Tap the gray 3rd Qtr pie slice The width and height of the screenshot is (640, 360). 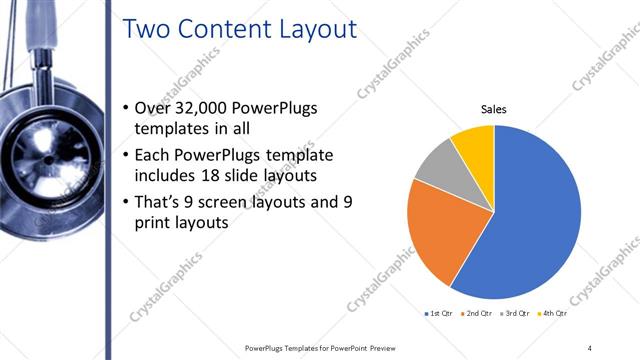(x=437, y=168)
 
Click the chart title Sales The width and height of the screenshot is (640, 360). (x=494, y=108)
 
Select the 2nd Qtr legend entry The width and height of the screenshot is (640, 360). (x=478, y=313)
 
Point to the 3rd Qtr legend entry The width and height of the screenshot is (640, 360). (x=516, y=313)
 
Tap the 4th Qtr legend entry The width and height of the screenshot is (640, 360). (x=554, y=313)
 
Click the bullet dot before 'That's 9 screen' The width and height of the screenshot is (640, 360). (x=124, y=202)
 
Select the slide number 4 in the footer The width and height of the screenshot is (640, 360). (x=590, y=347)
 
